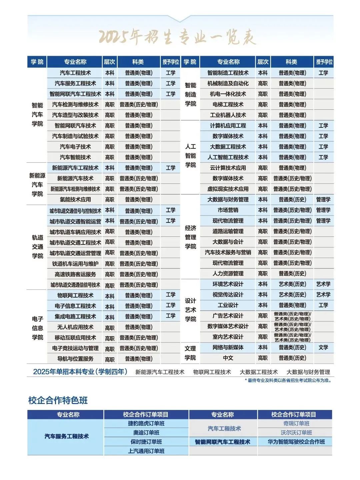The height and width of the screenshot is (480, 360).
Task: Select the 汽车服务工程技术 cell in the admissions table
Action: (x=75, y=83)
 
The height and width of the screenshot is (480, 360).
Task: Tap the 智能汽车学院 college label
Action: (x=37, y=114)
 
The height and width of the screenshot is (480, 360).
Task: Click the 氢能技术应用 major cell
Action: (x=75, y=199)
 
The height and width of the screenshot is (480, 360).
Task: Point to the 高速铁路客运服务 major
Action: (x=75, y=274)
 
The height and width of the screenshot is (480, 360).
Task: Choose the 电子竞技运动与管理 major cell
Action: (x=75, y=348)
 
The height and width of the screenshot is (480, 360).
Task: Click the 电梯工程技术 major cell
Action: (x=228, y=104)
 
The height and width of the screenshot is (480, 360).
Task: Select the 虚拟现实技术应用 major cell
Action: (x=228, y=189)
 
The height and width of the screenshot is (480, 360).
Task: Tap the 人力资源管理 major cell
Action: (x=228, y=274)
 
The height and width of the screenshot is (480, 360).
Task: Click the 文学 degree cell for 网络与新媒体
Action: (x=323, y=348)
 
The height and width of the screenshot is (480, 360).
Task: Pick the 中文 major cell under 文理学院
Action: (x=228, y=358)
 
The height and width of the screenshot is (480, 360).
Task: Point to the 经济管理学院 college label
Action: (x=190, y=237)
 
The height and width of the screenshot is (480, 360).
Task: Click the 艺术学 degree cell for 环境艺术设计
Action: (x=323, y=284)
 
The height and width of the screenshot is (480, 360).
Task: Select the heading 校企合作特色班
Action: (x=58, y=400)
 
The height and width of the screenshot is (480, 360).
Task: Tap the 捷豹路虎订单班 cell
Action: (x=146, y=424)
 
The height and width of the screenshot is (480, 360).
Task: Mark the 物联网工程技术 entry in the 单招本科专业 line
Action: (x=212, y=372)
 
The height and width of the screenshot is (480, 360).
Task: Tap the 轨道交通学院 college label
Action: (x=37, y=247)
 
